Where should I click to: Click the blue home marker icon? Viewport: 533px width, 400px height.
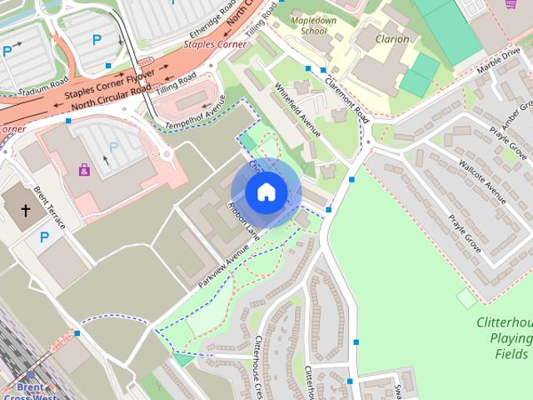(x=266, y=192)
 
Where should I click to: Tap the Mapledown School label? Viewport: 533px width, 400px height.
(x=309, y=23)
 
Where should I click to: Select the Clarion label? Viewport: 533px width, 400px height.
(x=392, y=38)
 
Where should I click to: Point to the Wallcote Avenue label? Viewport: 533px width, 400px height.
(x=482, y=181)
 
